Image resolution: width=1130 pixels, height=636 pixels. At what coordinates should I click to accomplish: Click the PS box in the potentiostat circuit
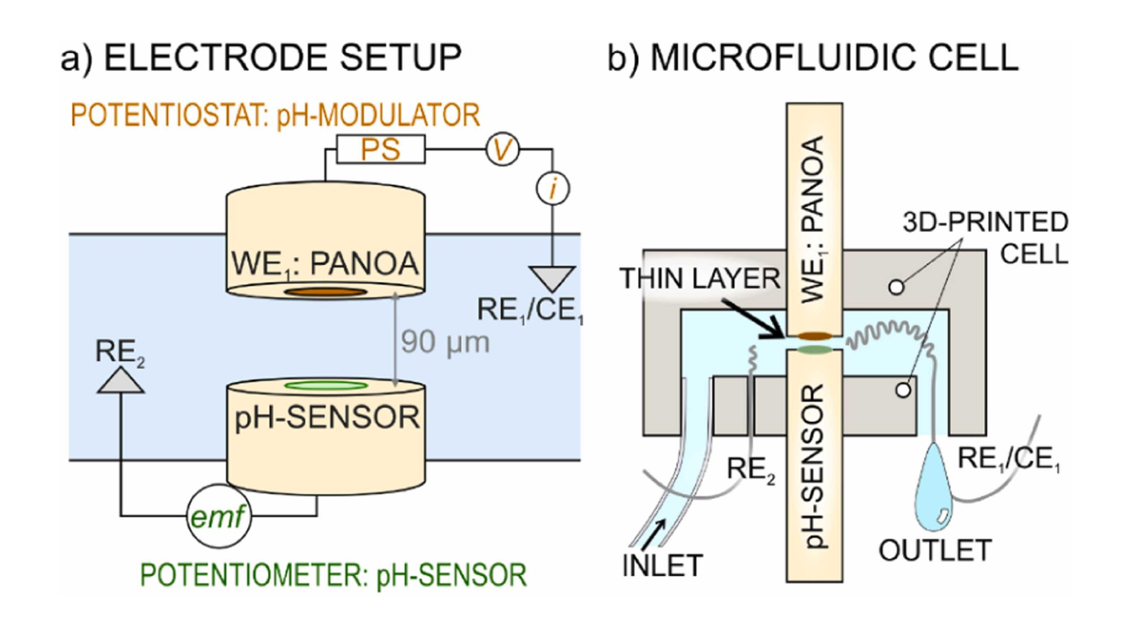(x=381, y=149)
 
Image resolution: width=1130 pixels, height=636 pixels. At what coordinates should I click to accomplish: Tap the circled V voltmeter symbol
(x=502, y=149)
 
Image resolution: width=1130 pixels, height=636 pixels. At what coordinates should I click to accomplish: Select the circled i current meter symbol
(x=553, y=189)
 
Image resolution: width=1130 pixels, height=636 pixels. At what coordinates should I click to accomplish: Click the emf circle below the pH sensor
(x=218, y=517)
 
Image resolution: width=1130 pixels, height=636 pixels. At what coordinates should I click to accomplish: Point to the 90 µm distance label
(x=445, y=342)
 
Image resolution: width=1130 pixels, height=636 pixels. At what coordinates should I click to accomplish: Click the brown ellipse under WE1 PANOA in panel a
(x=325, y=292)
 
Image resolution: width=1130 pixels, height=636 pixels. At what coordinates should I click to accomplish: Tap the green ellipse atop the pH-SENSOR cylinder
(x=326, y=386)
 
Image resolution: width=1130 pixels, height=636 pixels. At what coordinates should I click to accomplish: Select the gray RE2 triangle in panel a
(x=121, y=381)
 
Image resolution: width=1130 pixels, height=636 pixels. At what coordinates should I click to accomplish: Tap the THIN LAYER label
(x=699, y=278)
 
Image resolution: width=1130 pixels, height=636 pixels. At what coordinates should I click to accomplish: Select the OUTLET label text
(x=935, y=551)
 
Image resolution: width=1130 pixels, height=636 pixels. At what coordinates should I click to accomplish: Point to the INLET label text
(x=662, y=566)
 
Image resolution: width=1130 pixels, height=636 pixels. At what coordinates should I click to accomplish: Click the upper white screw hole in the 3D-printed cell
(x=896, y=288)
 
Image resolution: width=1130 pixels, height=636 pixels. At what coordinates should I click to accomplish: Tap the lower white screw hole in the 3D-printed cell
(x=904, y=390)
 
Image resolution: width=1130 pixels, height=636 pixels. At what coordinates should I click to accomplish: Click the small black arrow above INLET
(x=654, y=534)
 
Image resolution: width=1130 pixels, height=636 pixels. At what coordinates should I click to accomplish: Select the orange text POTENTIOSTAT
(x=167, y=116)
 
